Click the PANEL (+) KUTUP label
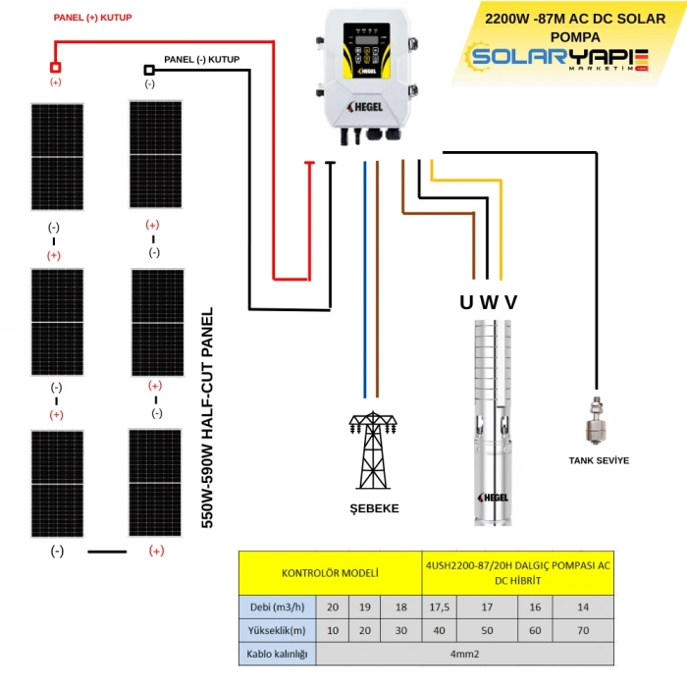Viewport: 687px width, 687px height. pyautogui.click(x=92, y=18)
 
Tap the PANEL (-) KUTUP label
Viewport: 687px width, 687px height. pyautogui.click(x=201, y=59)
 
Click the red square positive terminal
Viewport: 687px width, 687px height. pyautogui.click(x=56, y=67)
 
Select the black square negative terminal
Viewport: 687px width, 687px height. pyautogui.click(x=149, y=70)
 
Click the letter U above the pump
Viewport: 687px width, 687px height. pyautogui.click(x=466, y=301)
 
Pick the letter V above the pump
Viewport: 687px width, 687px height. pyautogui.click(x=510, y=301)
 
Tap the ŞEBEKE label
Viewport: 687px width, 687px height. pyautogui.click(x=374, y=508)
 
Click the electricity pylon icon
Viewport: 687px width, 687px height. pyautogui.click(x=374, y=451)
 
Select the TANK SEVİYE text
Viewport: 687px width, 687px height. pyautogui.click(x=599, y=460)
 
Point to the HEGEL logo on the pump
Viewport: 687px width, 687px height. pyautogui.click(x=491, y=497)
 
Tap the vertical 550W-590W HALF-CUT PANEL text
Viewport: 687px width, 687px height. pyautogui.click(x=207, y=420)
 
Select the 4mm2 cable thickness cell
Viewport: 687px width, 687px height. pyautogui.click(x=466, y=654)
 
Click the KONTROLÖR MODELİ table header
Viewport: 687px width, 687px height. pyautogui.click(x=330, y=571)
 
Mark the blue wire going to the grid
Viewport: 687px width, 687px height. pyautogui.click(x=365, y=275)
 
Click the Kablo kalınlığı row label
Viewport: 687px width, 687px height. pyautogui.click(x=278, y=654)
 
